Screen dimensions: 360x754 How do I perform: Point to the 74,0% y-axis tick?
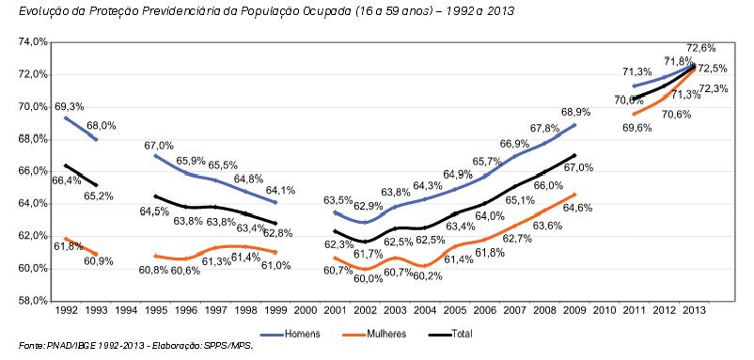pos(32,42)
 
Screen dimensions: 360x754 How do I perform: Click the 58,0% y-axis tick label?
pos(32,300)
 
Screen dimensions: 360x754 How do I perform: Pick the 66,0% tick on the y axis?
pos(32,171)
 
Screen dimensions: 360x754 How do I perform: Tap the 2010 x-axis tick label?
pos(605,309)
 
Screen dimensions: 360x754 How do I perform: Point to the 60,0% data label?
pos(368,279)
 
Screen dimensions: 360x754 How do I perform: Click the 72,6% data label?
pos(701,47)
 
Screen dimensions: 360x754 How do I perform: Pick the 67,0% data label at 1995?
pos(158,145)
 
